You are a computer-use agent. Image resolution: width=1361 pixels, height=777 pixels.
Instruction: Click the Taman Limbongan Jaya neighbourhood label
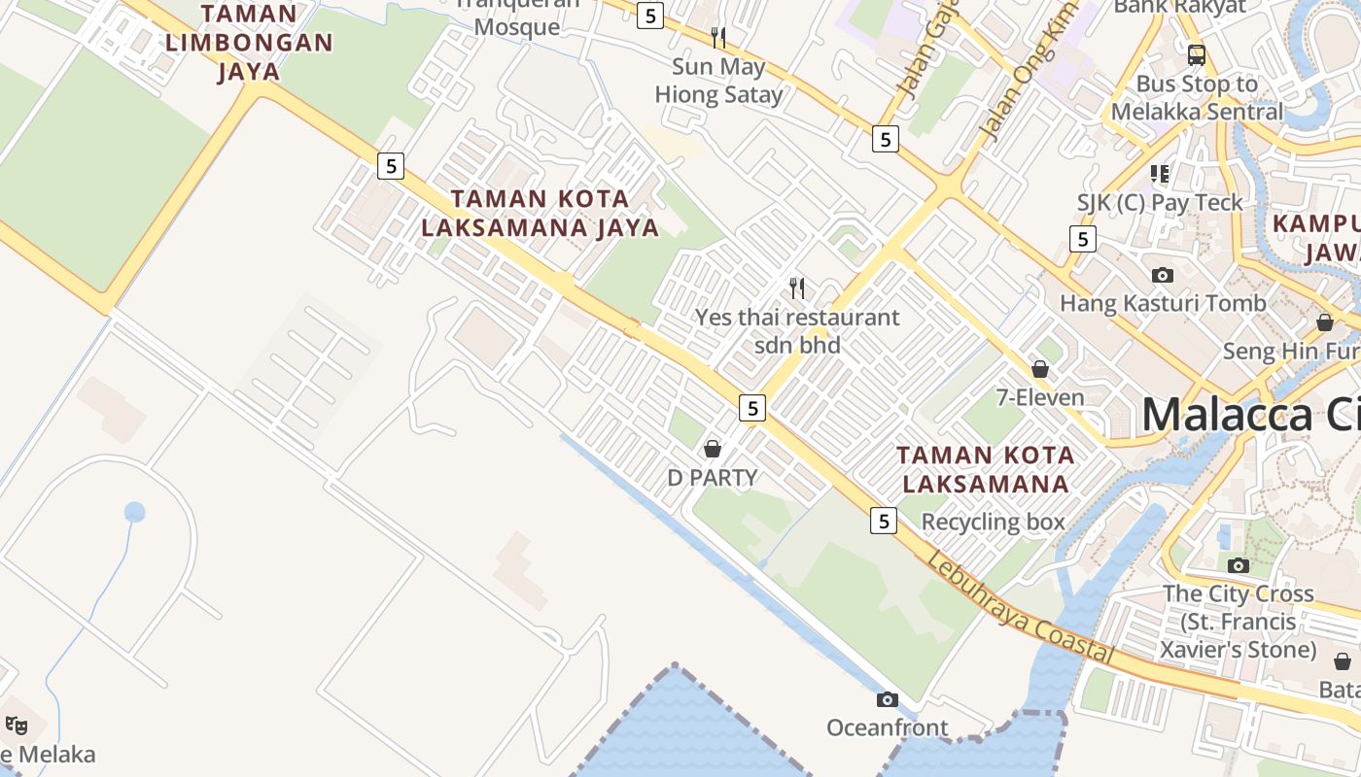click(x=249, y=43)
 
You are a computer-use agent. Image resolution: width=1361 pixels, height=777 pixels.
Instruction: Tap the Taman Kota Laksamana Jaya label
click(x=554, y=213)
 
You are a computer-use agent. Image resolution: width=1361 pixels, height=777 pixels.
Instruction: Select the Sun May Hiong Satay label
click(x=718, y=81)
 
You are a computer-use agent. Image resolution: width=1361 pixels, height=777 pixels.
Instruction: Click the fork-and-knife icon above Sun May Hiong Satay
click(x=718, y=38)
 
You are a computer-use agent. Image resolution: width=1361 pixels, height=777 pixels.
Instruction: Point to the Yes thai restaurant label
click(x=797, y=330)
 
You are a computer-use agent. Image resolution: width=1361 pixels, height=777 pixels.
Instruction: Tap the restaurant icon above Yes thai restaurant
click(x=797, y=287)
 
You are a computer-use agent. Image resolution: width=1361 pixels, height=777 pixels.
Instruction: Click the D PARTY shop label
click(x=713, y=477)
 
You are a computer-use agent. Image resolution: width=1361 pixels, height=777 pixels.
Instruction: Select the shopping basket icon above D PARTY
click(x=713, y=449)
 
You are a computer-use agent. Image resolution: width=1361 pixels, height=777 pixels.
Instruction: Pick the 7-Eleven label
click(x=1040, y=397)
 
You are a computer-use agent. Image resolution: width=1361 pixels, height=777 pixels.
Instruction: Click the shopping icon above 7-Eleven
click(x=1040, y=369)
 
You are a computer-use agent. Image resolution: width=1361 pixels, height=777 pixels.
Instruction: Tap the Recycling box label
click(x=994, y=522)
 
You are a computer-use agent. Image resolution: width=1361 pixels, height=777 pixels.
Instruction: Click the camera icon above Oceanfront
click(x=887, y=699)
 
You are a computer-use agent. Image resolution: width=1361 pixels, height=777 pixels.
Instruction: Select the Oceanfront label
click(x=887, y=727)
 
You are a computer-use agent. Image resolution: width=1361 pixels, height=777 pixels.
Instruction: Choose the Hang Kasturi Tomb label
click(x=1163, y=303)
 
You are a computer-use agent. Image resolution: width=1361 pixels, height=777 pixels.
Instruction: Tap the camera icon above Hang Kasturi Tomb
click(x=1163, y=275)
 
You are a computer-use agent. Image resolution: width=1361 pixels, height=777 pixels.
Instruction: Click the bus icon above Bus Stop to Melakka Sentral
click(x=1197, y=54)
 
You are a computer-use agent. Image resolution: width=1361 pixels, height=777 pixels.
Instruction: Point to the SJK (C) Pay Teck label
click(x=1160, y=202)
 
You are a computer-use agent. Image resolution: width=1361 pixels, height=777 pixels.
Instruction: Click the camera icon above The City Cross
click(x=1238, y=565)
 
